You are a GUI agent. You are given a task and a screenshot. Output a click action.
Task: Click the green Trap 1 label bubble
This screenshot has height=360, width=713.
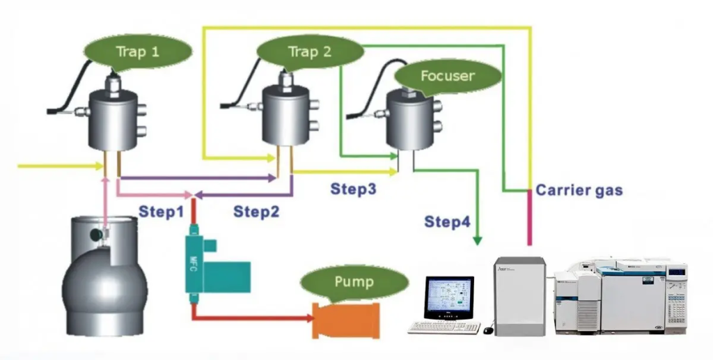(137, 52)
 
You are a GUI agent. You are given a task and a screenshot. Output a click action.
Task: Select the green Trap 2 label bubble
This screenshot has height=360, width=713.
(310, 52)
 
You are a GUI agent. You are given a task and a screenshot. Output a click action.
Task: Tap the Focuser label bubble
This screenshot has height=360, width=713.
(448, 75)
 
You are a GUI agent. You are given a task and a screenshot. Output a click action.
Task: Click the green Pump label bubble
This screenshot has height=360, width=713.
(354, 283)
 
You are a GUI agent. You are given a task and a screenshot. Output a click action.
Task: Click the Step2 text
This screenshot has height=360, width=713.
(256, 211)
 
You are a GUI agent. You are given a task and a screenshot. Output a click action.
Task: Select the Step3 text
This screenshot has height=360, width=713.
(354, 188)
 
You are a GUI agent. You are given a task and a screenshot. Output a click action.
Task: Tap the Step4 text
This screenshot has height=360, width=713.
(447, 222)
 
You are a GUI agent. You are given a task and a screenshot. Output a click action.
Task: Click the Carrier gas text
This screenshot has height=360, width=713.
(579, 190)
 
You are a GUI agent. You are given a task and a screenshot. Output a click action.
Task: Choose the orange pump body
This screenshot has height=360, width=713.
(349, 321)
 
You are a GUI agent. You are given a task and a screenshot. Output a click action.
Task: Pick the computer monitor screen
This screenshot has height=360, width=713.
(449, 298)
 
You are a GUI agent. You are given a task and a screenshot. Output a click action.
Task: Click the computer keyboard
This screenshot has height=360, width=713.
(444, 327)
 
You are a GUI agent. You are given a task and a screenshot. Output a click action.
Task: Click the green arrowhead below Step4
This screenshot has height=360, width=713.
(478, 240)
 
